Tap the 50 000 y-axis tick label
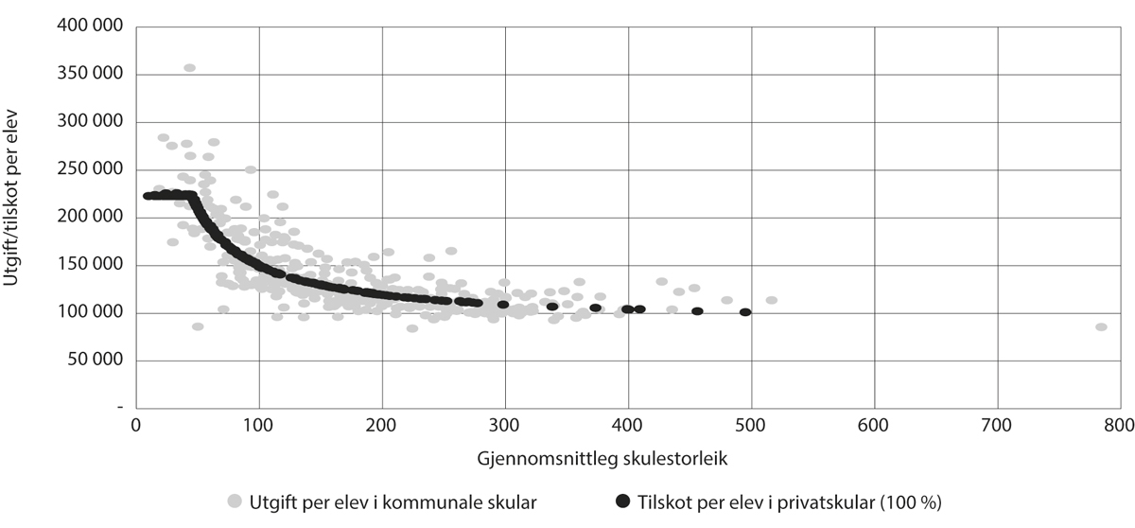[96, 361]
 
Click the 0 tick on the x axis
[136, 426]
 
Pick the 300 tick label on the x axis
[505, 426]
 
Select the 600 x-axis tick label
[874, 426]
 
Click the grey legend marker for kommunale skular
[234, 501]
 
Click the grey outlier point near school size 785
[1101, 326]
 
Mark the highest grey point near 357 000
[189, 68]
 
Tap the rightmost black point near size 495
[745, 312]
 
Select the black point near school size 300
[503, 305]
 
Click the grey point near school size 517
[772, 300]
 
